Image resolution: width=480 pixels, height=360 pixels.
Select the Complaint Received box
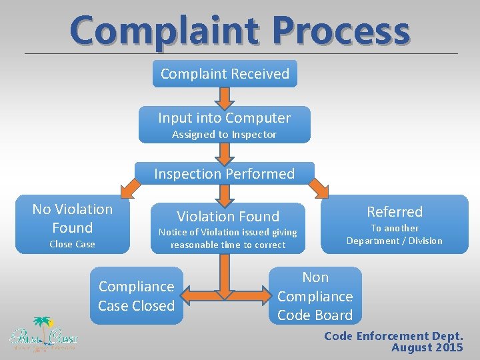(225, 74)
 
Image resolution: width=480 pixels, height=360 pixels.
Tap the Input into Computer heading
(225, 118)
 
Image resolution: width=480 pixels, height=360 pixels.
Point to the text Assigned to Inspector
(225, 135)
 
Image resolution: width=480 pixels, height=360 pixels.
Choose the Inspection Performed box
(225, 173)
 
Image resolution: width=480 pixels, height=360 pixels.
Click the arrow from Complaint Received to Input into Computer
(225, 98)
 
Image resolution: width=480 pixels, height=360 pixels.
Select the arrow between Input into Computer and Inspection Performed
(225, 153)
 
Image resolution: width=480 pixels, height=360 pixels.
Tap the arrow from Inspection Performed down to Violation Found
(225, 194)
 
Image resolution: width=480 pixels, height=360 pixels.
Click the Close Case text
(72, 244)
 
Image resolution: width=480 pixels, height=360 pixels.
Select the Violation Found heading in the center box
(227, 216)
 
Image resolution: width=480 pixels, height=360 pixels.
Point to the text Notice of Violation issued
(227, 232)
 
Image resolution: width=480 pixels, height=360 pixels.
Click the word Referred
(395, 212)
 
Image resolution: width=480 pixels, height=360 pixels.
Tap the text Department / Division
(395, 241)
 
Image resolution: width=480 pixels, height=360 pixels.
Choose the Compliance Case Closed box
(136, 296)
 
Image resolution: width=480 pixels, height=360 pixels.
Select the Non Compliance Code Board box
(315, 296)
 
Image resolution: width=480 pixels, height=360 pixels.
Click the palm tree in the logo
(43, 325)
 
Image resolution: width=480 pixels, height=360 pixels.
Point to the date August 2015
(427, 348)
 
